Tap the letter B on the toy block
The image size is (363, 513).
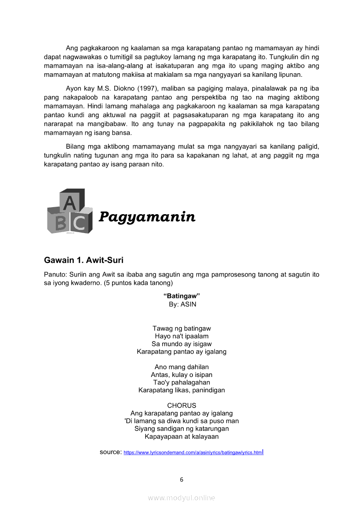click(x=61, y=223)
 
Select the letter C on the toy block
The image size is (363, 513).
click(x=79, y=223)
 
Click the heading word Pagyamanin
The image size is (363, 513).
click(x=147, y=217)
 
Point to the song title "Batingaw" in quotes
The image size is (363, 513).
click(x=181, y=296)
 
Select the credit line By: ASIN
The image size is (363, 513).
click(x=182, y=304)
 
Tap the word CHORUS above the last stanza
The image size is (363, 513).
click(x=181, y=405)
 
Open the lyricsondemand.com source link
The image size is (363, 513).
click(x=193, y=452)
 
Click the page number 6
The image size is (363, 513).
click(x=181, y=480)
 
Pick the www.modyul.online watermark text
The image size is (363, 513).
click(x=181, y=498)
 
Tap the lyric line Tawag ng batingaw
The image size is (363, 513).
click(x=181, y=328)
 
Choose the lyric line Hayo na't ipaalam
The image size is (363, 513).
click(x=181, y=336)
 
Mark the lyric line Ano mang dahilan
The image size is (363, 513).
click(x=181, y=367)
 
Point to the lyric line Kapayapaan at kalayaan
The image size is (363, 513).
click(x=181, y=437)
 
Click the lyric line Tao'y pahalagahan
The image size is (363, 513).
click(x=181, y=382)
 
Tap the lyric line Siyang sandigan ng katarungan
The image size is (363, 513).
click(x=181, y=429)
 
